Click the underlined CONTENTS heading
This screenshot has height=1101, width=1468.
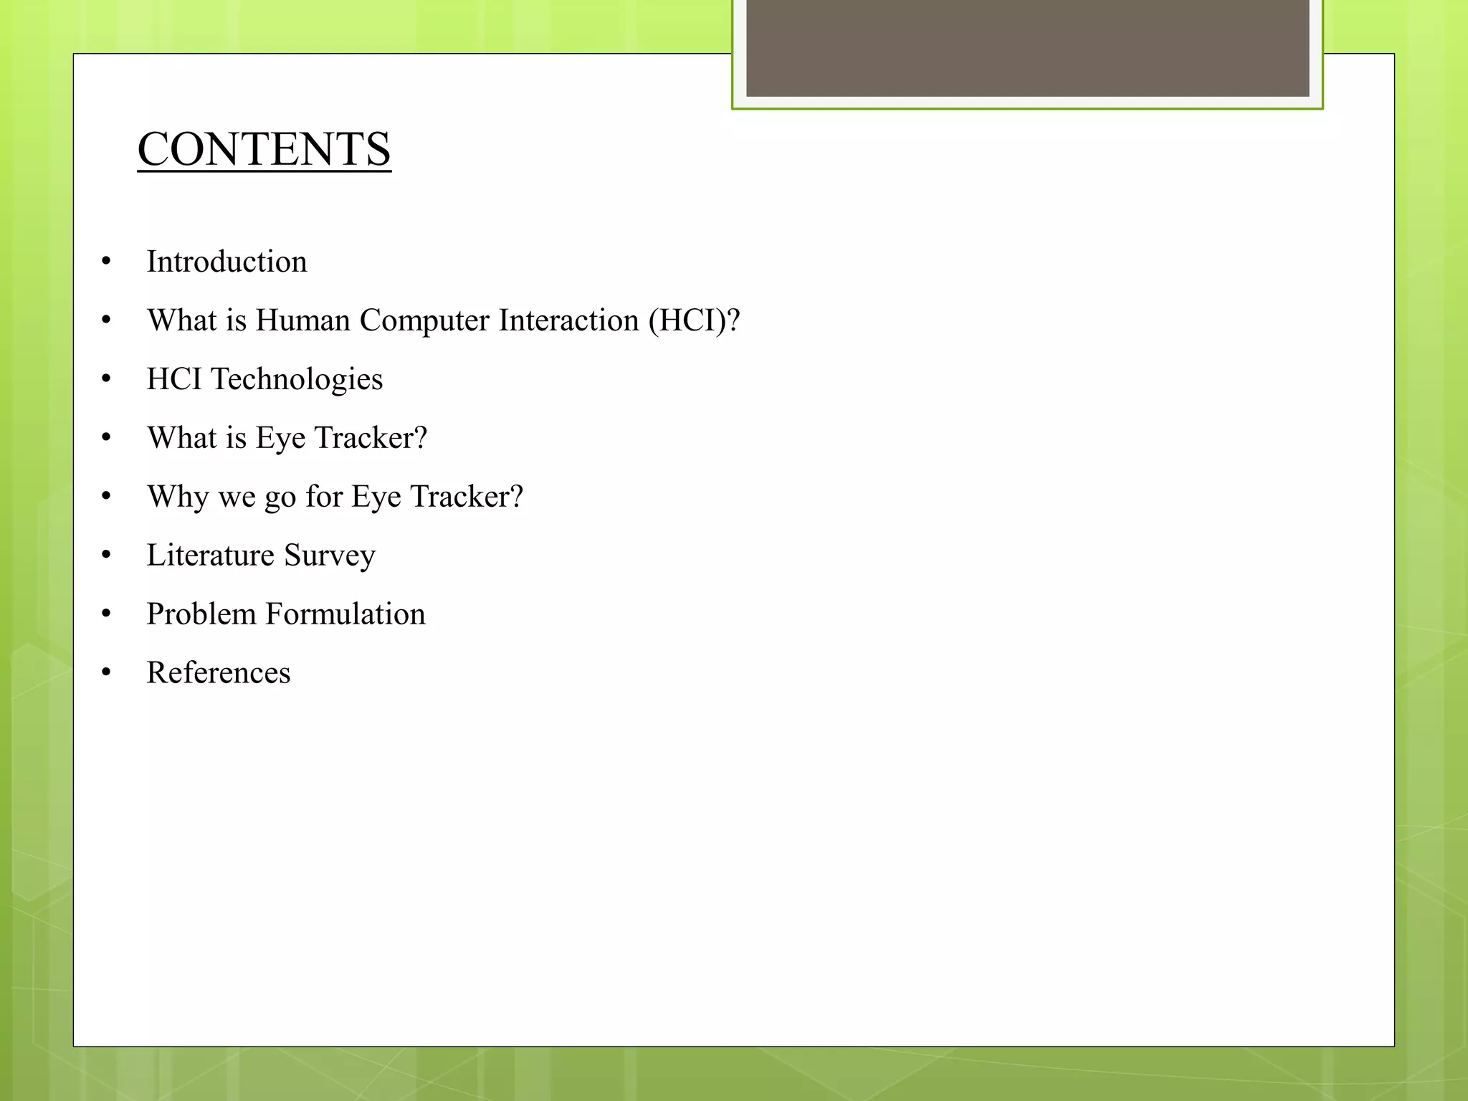(264, 149)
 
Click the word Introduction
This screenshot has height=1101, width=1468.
(227, 262)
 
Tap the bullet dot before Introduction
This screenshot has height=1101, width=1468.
(106, 262)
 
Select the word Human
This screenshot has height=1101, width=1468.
(302, 320)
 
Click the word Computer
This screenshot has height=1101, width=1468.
(424, 320)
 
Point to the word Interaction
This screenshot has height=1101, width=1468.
(568, 320)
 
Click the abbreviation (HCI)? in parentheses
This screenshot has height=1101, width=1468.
(694, 320)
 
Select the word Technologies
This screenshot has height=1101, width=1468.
(297, 379)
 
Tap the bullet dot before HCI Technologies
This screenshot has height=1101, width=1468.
(106, 379)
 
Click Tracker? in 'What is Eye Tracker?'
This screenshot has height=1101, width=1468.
(371, 438)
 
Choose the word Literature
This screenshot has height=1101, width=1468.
(211, 556)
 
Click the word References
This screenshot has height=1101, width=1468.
(219, 673)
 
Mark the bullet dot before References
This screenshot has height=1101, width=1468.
(106, 673)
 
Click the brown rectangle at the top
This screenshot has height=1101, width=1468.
(1027, 47)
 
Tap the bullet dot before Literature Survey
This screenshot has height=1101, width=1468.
(106, 556)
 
